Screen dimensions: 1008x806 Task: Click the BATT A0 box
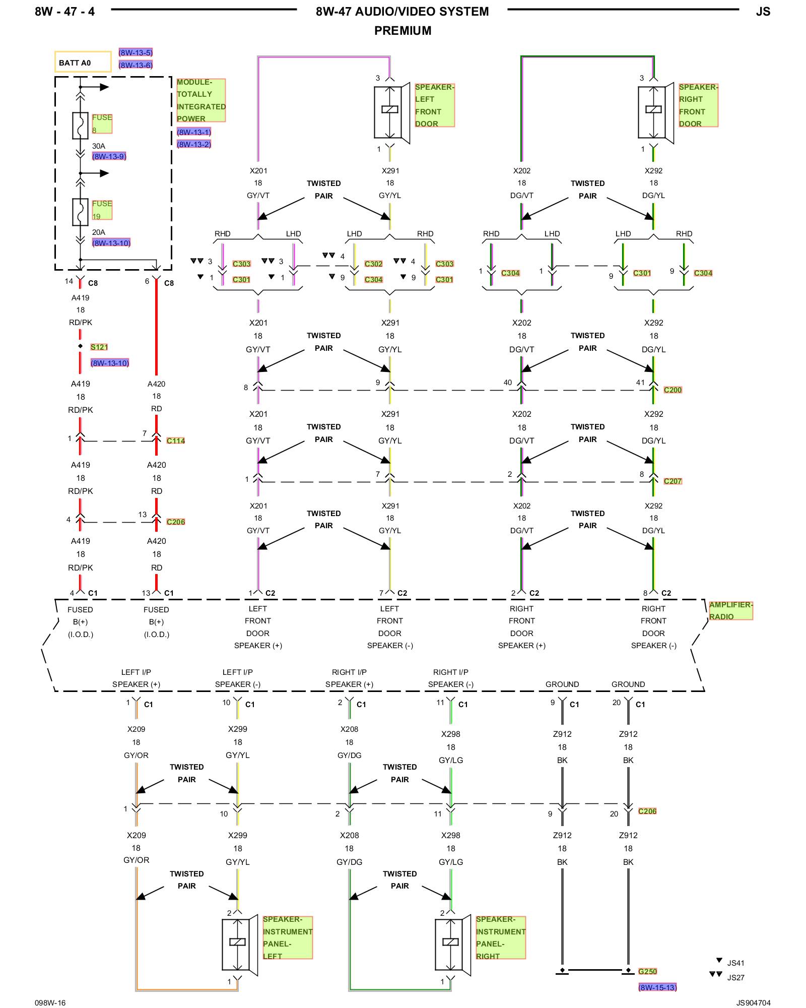click(83, 62)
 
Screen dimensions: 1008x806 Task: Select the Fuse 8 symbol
click(80, 125)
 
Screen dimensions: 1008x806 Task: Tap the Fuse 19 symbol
click(80, 212)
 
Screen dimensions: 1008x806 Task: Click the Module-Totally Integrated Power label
click(200, 100)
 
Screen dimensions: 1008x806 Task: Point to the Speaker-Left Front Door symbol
click(391, 112)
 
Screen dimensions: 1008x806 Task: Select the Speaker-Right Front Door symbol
click(654, 112)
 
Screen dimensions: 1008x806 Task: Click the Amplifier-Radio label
click(730, 610)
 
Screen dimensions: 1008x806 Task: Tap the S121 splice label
click(99, 347)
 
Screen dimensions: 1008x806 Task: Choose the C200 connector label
click(673, 390)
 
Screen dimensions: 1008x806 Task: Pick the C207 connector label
click(673, 481)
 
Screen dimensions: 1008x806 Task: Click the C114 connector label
click(176, 440)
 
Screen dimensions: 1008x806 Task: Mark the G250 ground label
click(647, 971)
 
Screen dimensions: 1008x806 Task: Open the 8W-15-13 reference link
click(657, 987)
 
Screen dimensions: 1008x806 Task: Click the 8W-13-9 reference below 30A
click(109, 156)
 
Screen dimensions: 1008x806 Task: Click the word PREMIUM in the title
click(402, 31)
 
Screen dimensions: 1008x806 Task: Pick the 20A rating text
click(98, 232)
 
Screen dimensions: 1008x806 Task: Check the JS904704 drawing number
click(753, 1002)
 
